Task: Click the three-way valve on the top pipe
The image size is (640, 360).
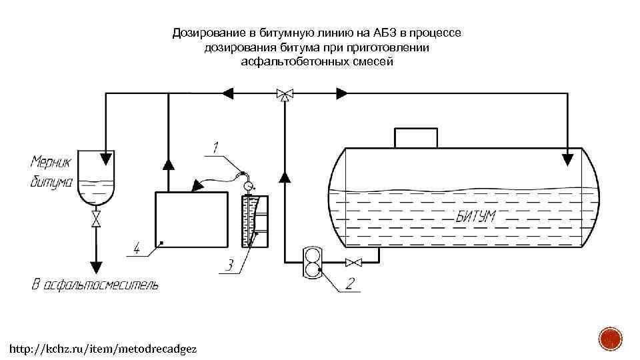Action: (285, 93)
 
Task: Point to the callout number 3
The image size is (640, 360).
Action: (229, 265)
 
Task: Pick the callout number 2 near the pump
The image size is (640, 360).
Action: (350, 283)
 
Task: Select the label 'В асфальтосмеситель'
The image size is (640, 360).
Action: (95, 285)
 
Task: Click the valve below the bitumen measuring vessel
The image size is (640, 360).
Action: (96, 219)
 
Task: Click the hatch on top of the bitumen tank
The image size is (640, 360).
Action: (417, 137)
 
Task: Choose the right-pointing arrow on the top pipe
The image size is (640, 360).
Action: (342, 93)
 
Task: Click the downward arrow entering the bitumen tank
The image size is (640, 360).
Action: (567, 159)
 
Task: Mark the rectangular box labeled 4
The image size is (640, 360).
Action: (191, 219)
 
